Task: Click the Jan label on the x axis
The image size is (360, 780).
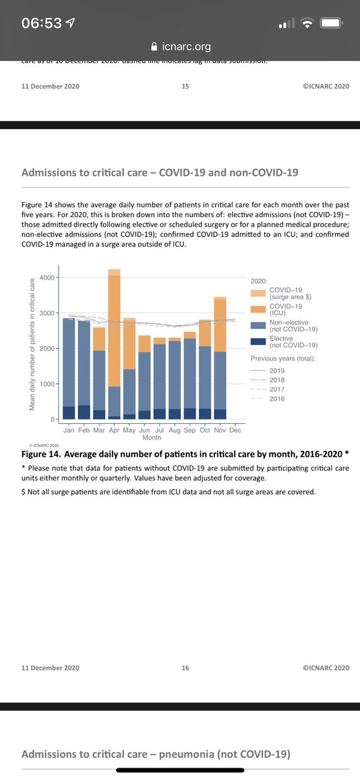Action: click(68, 430)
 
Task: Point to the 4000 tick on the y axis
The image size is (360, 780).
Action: click(47, 278)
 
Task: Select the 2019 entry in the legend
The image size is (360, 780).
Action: click(277, 370)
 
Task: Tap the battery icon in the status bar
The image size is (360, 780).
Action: click(331, 23)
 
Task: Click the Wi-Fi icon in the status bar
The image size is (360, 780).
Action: click(307, 23)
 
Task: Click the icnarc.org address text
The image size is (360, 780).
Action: click(185, 47)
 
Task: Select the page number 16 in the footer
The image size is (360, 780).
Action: click(185, 668)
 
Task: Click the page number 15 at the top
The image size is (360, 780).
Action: click(185, 86)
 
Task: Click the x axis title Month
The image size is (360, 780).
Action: click(151, 438)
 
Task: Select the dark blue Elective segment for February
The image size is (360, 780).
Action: click(83, 412)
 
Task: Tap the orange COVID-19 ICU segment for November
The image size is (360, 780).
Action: click(220, 325)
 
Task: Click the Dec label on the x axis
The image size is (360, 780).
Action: click(235, 430)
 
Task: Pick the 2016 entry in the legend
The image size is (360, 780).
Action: click(277, 398)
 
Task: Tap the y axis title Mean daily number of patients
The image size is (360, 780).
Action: click(31, 344)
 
